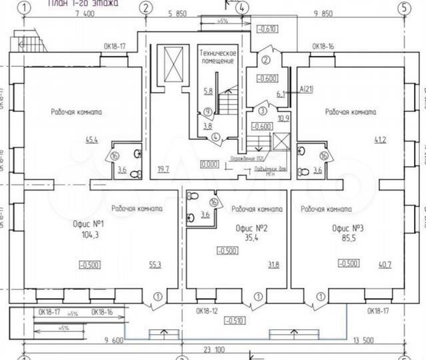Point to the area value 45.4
pyautogui.click(x=111, y=140)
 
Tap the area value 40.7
pyautogui.click(x=385, y=265)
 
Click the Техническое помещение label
pyautogui.click(x=217, y=56)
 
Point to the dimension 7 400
pyautogui.click(x=85, y=13)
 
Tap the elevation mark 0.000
pyautogui.click(x=209, y=162)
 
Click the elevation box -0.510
pyautogui.click(x=233, y=321)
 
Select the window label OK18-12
pyautogui.click(x=208, y=311)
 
